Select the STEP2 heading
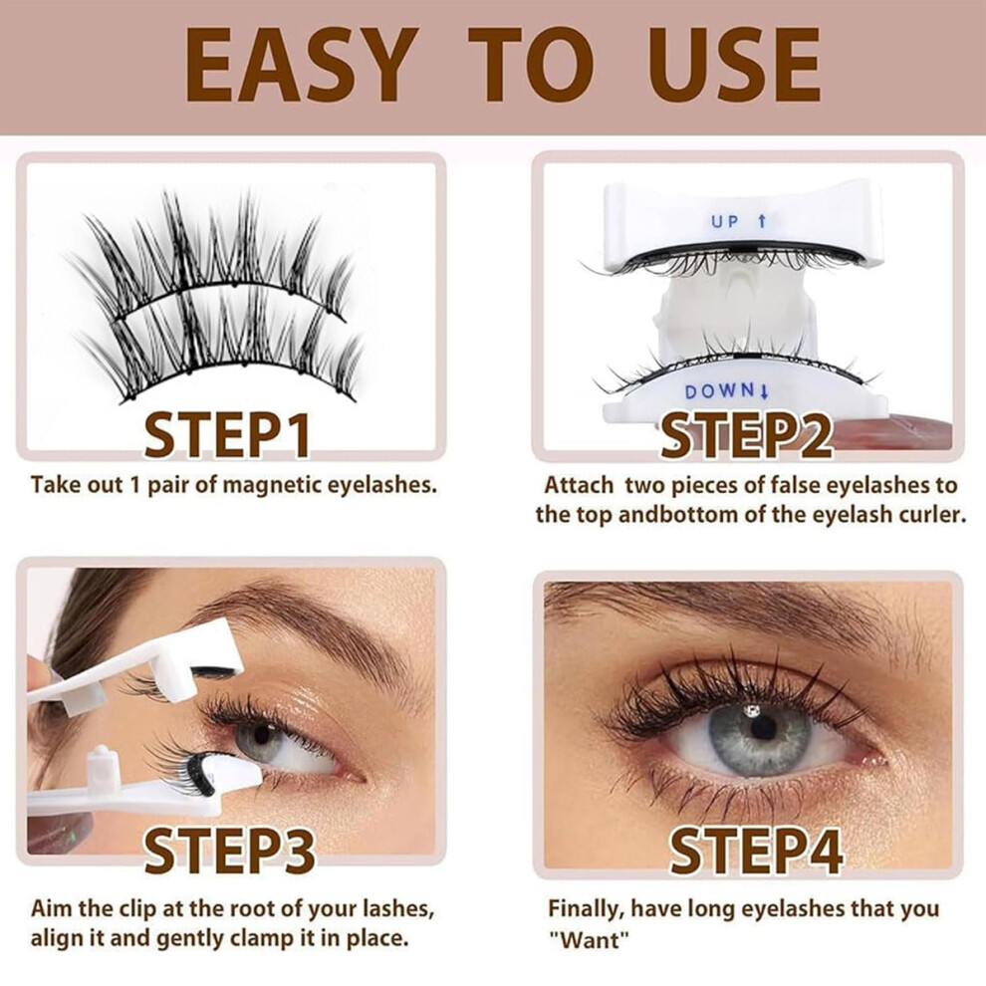[746, 435]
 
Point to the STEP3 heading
[229, 851]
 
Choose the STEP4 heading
[755, 851]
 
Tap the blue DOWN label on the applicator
[726, 391]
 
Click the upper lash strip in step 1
[207, 252]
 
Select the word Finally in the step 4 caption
[585, 910]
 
